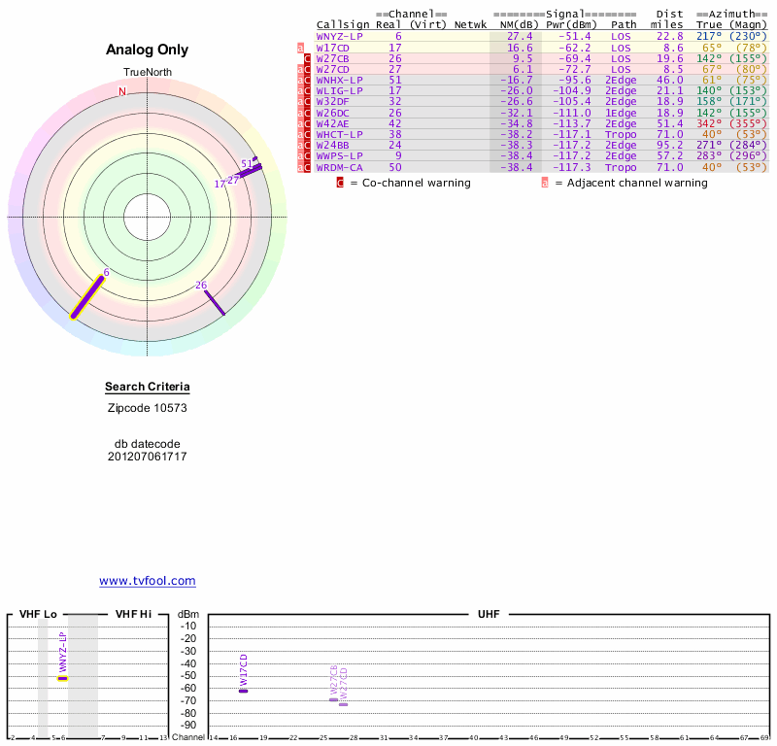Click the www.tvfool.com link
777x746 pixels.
click(x=147, y=581)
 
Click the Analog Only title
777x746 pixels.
click(x=147, y=51)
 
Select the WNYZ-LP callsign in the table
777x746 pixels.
click(x=339, y=36)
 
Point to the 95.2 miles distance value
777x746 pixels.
click(x=668, y=146)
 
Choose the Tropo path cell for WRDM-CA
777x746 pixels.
click(x=624, y=167)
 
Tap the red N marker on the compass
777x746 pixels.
click(x=122, y=92)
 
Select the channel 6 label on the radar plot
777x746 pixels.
click(x=106, y=273)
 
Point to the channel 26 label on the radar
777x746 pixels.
click(x=201, y=285)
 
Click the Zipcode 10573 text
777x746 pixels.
click(x=147, y=408)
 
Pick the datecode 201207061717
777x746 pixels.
click(x=147, y=456)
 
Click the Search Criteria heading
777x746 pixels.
click(x=147, y=388)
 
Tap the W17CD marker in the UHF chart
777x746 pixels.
click(x=244, y=690)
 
